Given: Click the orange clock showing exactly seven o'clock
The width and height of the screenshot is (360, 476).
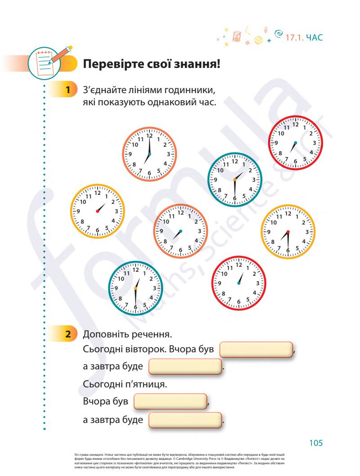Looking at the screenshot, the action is [149, 154].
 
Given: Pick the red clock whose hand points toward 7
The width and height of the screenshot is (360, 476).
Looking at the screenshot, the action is [296, 142].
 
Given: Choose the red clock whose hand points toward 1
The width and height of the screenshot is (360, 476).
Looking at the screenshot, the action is [238, 283].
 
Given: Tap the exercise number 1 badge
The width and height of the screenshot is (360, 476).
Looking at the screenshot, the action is [67, 90].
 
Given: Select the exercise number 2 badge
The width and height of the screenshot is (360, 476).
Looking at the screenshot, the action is [67, 335].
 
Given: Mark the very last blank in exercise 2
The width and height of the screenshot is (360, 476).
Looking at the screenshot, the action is [185, 420].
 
